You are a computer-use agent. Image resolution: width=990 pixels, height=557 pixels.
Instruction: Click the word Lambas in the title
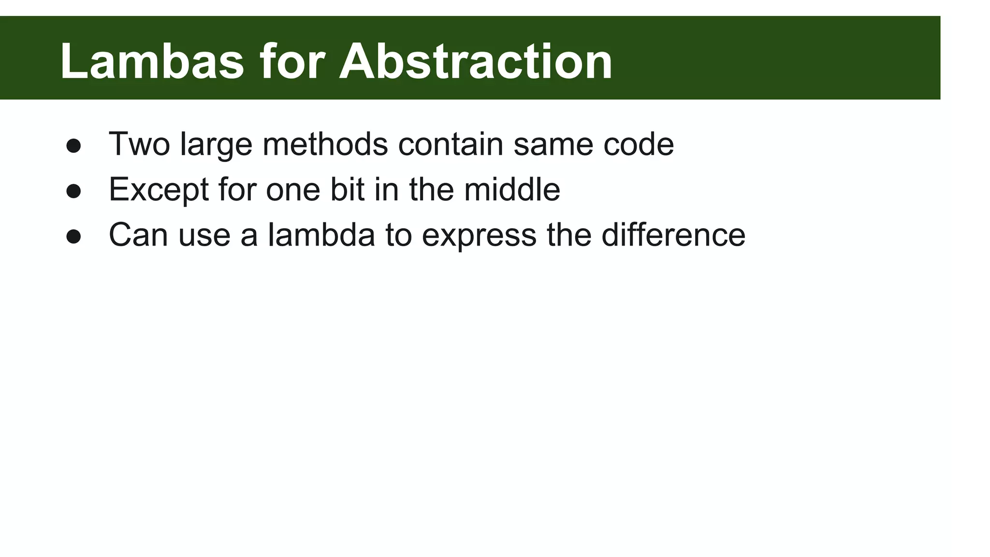[152, 61]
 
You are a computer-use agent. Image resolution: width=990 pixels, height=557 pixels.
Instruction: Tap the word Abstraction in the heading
[476, 61]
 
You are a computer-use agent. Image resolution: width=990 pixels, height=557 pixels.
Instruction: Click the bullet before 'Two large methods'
[73, 146]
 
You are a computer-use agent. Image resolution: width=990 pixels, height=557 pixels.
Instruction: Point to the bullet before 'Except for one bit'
[73, 191]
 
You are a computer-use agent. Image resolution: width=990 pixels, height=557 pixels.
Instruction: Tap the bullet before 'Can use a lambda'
[73, 236]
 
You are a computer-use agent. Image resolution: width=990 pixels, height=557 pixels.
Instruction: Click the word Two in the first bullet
[139, 144]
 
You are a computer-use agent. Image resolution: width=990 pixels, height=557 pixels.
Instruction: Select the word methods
[325, 144]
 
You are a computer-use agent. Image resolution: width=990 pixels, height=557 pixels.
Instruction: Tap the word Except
[159, 190]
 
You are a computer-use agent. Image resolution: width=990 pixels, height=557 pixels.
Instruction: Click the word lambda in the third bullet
[321, 235]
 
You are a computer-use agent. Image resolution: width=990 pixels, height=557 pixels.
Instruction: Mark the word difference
[673, 235]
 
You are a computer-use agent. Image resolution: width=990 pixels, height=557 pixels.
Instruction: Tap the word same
[553, 144]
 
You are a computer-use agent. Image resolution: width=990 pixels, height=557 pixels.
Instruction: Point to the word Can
[139, 235]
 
